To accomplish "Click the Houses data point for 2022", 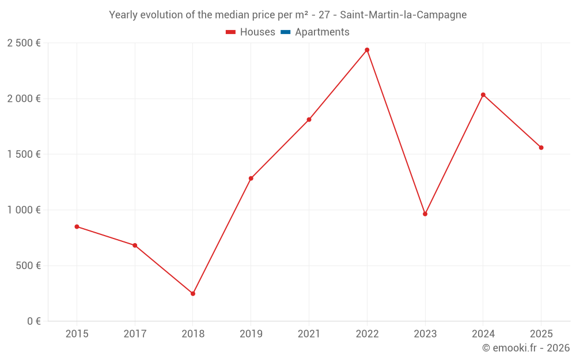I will [367, 50].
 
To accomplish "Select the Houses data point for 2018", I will [193, 294].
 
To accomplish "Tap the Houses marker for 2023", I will [425, 214].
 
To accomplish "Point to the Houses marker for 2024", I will [483, 94].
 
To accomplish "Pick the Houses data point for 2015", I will [77, 226].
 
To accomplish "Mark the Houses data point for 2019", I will [251, 179].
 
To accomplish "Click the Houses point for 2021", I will [309, 120].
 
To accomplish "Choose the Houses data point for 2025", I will [541, 147].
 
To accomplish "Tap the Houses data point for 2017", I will [135, 245].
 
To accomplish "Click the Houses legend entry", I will [251, 32].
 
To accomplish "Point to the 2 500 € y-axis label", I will [24, 43].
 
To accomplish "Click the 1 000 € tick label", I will [24, 210].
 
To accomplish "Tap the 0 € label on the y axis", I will [32, 321].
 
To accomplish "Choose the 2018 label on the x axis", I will [193, 334].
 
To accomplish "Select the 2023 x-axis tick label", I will [425, 334].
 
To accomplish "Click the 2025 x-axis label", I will [541, 334].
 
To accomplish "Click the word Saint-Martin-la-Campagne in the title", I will [403, 15].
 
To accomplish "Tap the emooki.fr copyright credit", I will [526, 348].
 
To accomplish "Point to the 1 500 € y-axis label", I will [24, 154].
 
